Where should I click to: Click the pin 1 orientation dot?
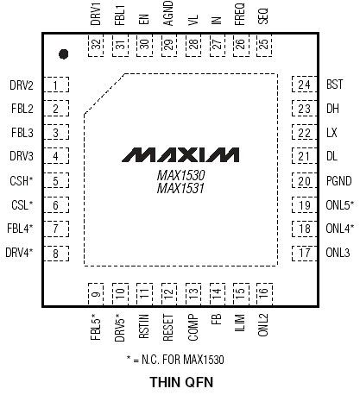pos(63,54)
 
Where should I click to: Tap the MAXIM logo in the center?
pos(180,155)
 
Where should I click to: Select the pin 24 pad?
pos(304,85)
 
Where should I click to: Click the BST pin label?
pos(335,85)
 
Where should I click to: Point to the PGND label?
pos(339,181)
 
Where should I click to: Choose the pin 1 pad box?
pos(56,85)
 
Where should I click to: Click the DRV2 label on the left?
pos(22,85)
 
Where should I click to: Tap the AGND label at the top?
pos(168,13)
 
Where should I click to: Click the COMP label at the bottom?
pos(193,328)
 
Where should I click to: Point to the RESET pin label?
pos(168,328)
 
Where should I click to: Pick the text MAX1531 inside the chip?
pos(180,189)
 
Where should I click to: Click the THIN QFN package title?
pos(181,382)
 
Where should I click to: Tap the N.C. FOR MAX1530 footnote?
pos(175,360)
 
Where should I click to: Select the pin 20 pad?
pos(304,181)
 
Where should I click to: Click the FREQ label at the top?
pos(240,14)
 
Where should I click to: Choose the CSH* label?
pos(22,181)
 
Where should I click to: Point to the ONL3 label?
pos(338,253)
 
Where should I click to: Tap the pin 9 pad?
pos(96,293)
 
